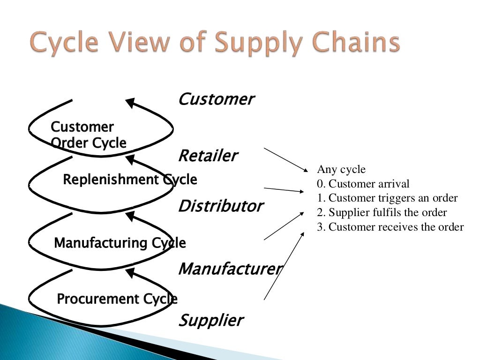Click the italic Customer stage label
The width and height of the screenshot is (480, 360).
pos(216,99)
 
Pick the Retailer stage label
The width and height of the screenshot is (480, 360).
pos(208,156)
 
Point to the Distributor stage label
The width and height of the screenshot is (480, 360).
pos(220,206)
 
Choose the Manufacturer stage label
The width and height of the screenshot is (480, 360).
pos(230,269)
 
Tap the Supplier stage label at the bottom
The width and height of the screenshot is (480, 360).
pos(210,321)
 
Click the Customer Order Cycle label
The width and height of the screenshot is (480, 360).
pos(88,135)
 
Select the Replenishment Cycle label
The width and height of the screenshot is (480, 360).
pos(130,180)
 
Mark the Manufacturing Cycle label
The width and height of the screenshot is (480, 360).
pos(120,243)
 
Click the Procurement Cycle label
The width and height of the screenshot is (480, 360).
pos(117,299)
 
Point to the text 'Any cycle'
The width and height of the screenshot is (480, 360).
pos(341,169)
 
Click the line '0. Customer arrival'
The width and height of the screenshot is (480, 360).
pos(363,184)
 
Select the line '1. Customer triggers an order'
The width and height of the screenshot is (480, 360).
pos(387,198)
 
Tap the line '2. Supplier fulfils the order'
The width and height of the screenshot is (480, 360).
pos(382,213)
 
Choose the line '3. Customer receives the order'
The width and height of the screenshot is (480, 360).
pos(390,227)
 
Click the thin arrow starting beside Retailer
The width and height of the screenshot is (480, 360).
pos(284,159)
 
